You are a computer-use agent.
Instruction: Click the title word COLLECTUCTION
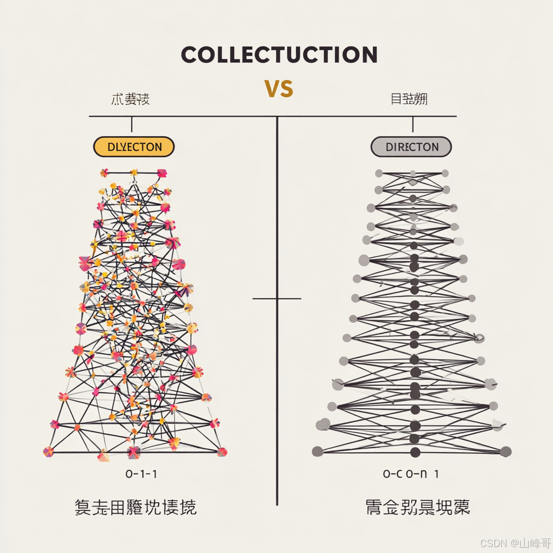[279, 55]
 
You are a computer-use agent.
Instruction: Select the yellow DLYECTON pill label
[134, 147]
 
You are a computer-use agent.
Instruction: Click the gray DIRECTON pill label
[411, 147]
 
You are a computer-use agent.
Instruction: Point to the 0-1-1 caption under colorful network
[141, 474]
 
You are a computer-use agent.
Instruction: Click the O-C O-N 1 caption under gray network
[410, 474]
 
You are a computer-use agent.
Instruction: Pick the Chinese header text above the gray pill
[409, 99]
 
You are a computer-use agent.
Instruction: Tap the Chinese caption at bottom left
[136, 507]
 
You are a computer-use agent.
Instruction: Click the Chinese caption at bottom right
[417, 507]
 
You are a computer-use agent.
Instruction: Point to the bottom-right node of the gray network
[505, 451]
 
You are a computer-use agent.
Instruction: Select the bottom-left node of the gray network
[318, 451]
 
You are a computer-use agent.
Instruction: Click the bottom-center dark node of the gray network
[415, 452]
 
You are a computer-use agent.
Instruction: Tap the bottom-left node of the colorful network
[49, 451]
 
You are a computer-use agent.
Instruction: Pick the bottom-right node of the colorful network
[222, 451]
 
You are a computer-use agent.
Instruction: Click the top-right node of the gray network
[445, 173]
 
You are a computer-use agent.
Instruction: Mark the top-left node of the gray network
[379, 173]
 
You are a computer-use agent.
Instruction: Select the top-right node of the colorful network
[161, 173]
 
